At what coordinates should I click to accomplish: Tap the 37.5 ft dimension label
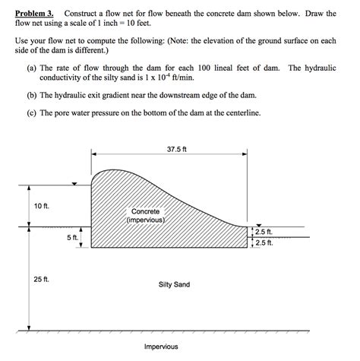tap(176, 149)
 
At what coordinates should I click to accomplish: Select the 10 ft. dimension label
tap(40, 207)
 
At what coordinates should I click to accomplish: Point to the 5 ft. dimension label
tap(72, 238)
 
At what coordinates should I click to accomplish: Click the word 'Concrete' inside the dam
tap(146, 211)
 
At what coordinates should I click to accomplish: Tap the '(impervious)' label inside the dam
tap(146, 220)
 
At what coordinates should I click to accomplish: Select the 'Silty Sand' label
tap(174, 284)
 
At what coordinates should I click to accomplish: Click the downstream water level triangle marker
tap(258, 224)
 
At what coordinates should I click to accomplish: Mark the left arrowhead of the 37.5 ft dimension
tap(94, 156)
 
